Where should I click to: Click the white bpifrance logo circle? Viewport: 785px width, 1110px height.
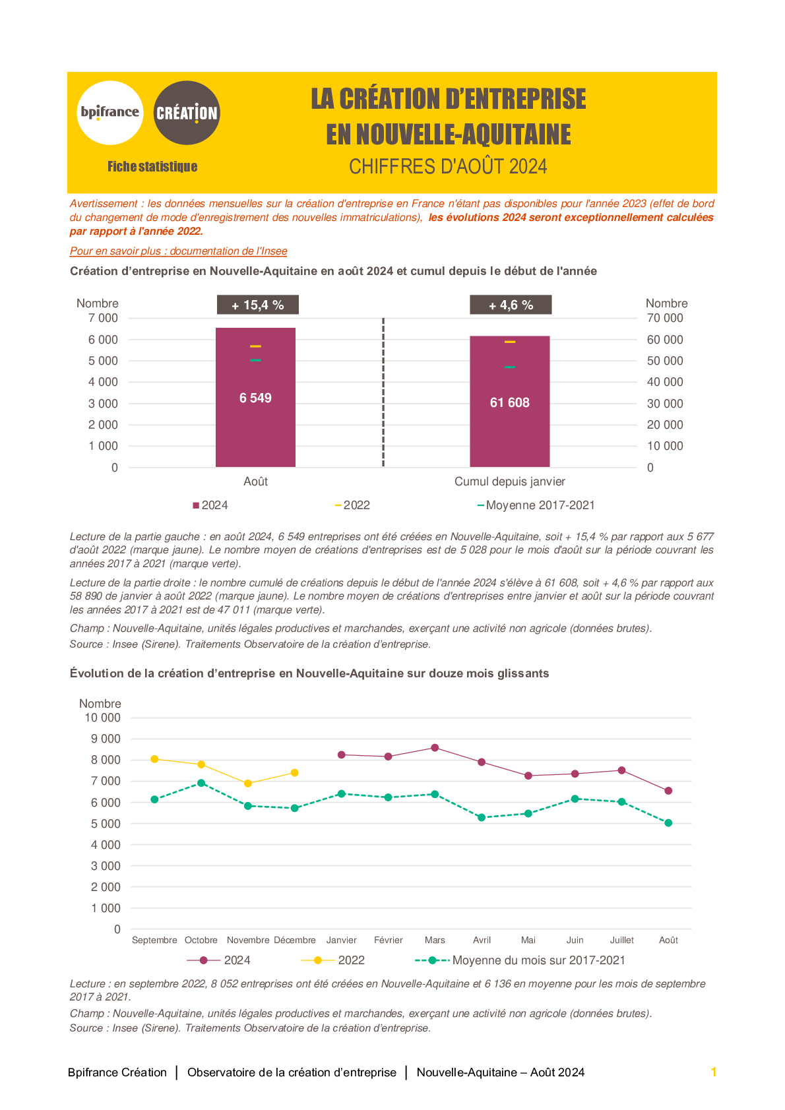tap(110, 113)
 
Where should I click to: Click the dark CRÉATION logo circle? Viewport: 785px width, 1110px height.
tap(186, 113)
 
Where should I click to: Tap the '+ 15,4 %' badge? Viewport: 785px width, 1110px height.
tap(258, 305)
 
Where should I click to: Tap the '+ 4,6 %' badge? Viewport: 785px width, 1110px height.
tap(511, 305)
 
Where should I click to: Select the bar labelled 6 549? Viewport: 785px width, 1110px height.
tap(255, 398)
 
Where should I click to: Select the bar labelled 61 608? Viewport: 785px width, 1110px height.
tap(509, 402)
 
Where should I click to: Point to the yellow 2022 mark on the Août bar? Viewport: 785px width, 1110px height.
tap(255, 346)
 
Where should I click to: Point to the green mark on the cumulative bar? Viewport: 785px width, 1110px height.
tap(509, 367)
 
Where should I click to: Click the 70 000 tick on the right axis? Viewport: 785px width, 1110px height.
tap(664, 318)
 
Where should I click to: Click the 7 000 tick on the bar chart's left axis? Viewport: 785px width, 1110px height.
tap(103, 318)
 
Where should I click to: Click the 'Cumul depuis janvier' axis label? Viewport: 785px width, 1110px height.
tap(509, 481)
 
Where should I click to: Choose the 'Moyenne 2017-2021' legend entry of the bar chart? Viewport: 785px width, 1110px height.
tap(536, 505)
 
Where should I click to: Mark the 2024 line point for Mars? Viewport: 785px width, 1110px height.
tap(435, 748)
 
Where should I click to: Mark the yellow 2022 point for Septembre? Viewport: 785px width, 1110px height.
tap(154, 759)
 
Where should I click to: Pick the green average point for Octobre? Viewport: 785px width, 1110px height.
tap(201, 783)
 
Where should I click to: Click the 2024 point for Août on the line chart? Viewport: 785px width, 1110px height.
tap(668, 791)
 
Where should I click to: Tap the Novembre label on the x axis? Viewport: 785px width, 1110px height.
tap(248, 940)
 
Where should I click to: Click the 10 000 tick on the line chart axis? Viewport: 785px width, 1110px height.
tap(103, 718)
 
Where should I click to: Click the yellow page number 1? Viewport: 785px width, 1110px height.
tap(714, 1072)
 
